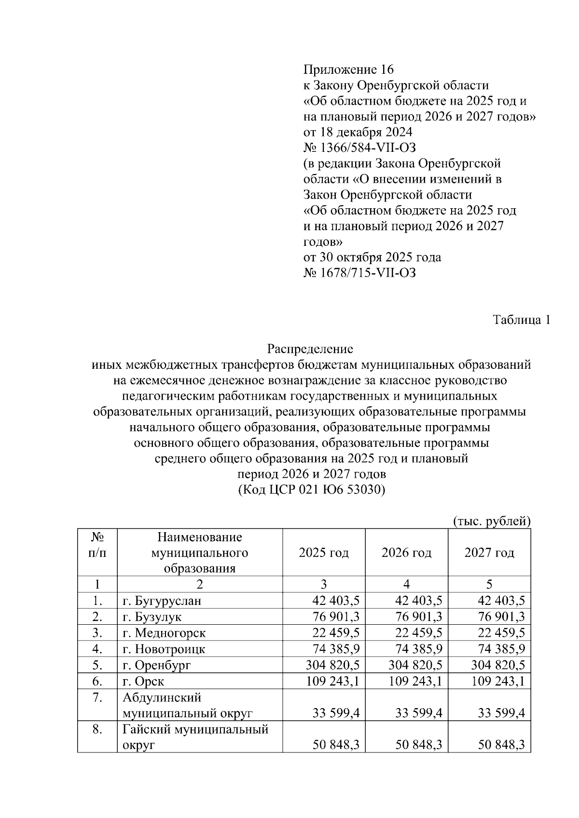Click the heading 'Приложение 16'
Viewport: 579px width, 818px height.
pyautogui.click(x=348, y=69)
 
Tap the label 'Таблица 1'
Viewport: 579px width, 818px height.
pyautogui.click(x=521, y=320)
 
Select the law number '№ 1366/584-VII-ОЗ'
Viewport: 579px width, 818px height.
pyautogui.click(x=359, y=148)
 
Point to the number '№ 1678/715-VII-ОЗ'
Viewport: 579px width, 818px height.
pyautogui.click(x=359, y=273)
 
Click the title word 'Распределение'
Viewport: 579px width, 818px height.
pyautogui.click(x=310, y=349)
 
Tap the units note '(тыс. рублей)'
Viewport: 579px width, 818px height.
pyautogui.click(x=492, y=521)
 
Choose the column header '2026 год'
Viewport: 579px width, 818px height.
pyautogui.click(x=406, y=552)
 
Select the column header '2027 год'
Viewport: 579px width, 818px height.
pyautogui.click(x=489, y=552)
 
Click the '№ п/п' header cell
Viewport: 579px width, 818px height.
pyautogui.click(x=97, y=545)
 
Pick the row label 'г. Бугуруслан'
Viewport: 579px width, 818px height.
pyautogui.click(x=162, y=601)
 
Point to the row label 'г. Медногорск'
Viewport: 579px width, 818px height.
pyautogui.click(x=164, y=633)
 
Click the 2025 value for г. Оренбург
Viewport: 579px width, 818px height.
pyautogui.click(x=332, y=665)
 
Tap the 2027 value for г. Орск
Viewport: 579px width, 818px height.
pyautogui.click(x=498, y=681)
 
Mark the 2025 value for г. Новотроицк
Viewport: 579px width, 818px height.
pyautogui.click(x=336, y=649)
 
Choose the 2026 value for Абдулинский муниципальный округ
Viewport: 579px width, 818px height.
pyautogui.click(x=418, y=713)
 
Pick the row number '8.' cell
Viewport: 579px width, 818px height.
pyautogui.click(x=97, y=729)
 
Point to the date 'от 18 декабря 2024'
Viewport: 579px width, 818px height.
pyautogui.click(x=358, y=132)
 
